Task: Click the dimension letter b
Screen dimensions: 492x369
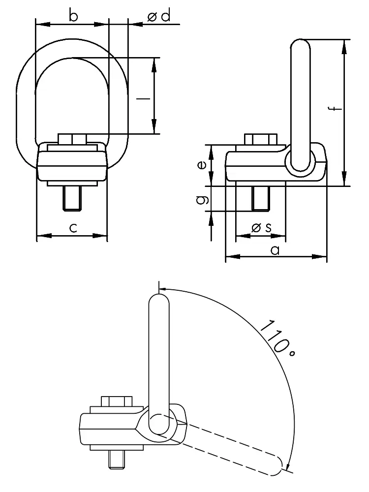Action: [73, 16]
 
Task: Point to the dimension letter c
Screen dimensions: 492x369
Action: [72, 227]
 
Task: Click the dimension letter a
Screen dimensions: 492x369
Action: [275, 249]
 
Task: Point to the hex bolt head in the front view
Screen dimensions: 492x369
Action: [72, 138]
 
